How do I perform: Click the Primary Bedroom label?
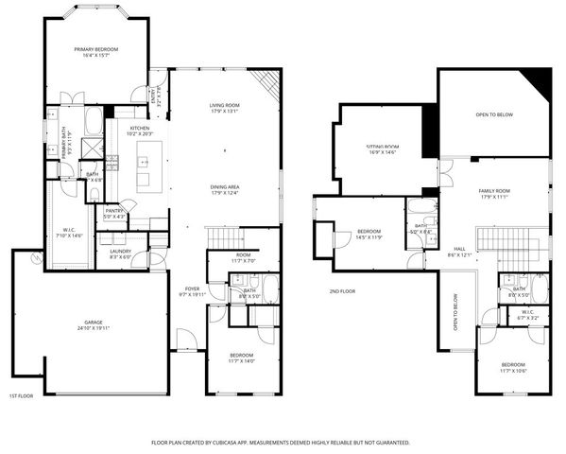[96, 51]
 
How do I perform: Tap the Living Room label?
[224, 107]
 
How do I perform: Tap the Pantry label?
[115, 213]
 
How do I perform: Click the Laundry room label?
[121, 254]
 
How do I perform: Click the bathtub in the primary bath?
[94, 121]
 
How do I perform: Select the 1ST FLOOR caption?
[21, 396]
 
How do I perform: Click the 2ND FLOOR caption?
[342, 291]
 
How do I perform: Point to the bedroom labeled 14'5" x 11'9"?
[369, 234]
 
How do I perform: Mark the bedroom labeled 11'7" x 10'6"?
[513, 367]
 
